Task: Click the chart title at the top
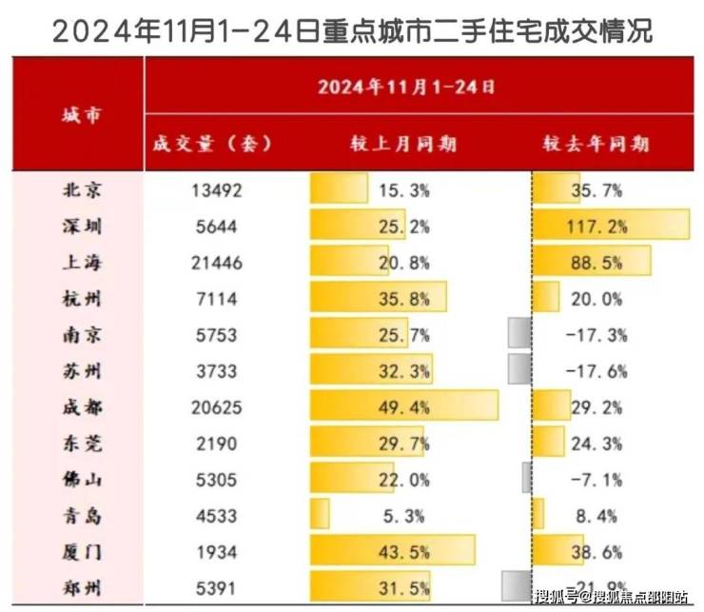tap(352, 30)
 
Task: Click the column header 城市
tap(81, 116)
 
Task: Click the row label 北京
tap(81, 189)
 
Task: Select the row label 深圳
tap(81, 226)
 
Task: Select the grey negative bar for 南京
tap(519, 334)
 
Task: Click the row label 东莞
tap(81, 444)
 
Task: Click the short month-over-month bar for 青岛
tap(320, 516)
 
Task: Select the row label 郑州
tap(81, 588)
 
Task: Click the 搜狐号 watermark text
tap(554, 598)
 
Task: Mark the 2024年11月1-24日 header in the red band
tap(406, 88)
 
